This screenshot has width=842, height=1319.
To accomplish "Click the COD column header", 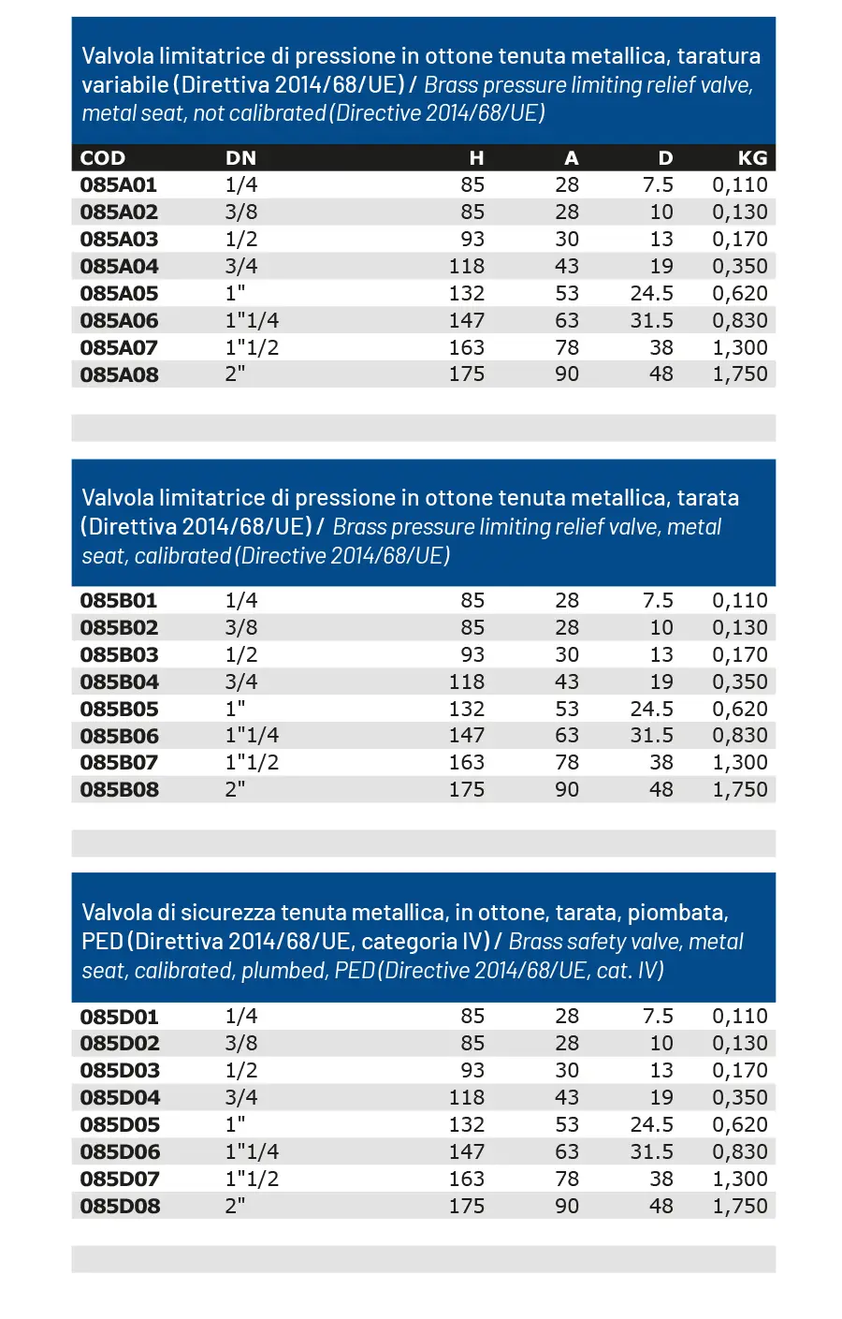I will click(103, 158).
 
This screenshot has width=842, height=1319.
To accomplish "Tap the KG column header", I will click(752, 158).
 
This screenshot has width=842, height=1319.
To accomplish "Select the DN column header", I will click(240, 158).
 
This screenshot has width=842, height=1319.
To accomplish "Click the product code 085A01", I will click(119, 185).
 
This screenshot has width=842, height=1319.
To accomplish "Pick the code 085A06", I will click(119, 320).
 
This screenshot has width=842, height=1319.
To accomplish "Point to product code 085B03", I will click(119, 654).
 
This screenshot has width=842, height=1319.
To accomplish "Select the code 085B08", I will click(119, 789).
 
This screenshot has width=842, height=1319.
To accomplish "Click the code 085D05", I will click(120, 1124).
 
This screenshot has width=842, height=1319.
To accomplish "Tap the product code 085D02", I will click(120, 1043).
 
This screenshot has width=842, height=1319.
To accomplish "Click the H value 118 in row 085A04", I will click(467, 266).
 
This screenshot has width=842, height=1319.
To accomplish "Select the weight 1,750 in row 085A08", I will click(739, 374).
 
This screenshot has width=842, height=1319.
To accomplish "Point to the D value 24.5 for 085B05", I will click(651, 709).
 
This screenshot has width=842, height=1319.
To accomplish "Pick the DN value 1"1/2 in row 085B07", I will click(252, 762).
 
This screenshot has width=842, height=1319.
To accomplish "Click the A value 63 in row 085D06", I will click(567, 1151).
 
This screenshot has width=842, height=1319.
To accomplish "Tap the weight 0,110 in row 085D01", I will click(739, 1016).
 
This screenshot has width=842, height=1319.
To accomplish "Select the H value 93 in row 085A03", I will click(472, 239).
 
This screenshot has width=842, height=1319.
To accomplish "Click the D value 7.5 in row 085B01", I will click(658, 600).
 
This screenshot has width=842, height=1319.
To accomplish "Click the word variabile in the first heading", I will click(124, 85).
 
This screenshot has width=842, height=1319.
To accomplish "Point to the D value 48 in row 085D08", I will click(661, 1206).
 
